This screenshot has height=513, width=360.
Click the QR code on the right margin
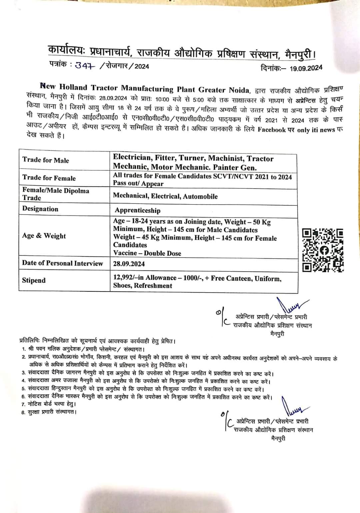click(x=323, y=250)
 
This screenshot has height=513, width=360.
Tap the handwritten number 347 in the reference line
click(x=85, y=65)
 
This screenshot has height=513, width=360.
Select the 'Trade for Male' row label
click(x=46, y=160)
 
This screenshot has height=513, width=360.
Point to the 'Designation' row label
click(x=40, y=209)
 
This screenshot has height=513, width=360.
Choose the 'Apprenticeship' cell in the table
click(x=137, y=210)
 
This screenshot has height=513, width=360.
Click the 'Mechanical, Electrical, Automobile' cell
click(x=165, y=196)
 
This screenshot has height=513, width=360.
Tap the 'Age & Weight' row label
click(x=44, y=236)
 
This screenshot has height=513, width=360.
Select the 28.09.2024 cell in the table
click(x=129, y=264)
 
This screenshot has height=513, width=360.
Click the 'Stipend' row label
click(x=34, y=280)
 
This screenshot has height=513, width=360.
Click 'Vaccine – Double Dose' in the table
click(x=147, y=253)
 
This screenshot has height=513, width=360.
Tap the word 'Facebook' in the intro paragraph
click(x=271, y=130)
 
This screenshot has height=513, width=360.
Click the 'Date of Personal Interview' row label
click(x=62, y=263)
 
